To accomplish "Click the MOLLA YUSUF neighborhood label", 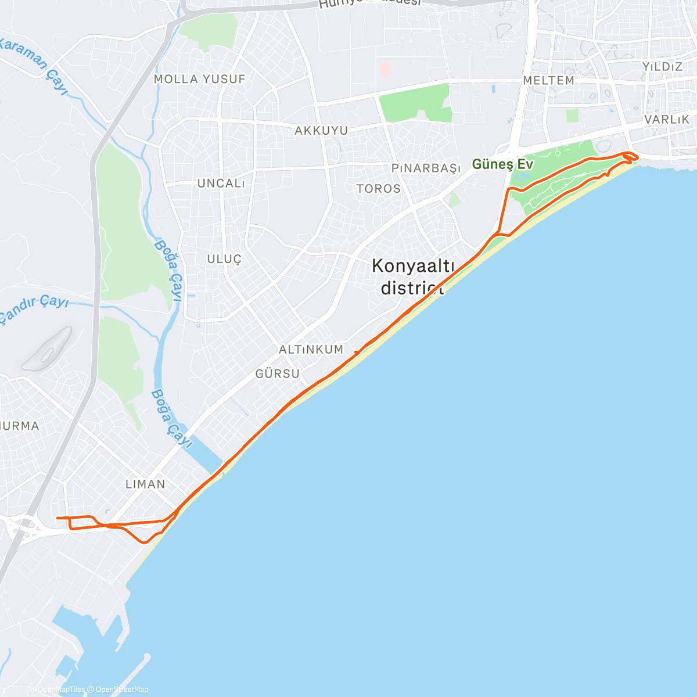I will click(199, 79).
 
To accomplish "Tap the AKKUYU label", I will click(321, 131).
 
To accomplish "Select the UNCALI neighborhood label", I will click(221, 184).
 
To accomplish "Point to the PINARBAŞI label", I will click(425, 168).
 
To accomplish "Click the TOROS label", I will click(379, 189).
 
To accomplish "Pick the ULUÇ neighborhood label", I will click(224, 259).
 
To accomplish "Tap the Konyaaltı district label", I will click(413, 276).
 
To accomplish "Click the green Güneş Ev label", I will click(502, 164).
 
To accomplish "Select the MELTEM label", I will click(548, 81).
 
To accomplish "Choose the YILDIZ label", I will click(662, 67).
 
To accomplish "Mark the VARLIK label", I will click(667, 119).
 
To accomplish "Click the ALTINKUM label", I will click(311, 350).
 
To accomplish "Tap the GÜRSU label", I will click(278, 374).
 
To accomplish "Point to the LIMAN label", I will click(146, 484).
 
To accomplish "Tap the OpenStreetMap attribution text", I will click(121, 689).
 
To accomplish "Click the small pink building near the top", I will click(386, 70).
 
